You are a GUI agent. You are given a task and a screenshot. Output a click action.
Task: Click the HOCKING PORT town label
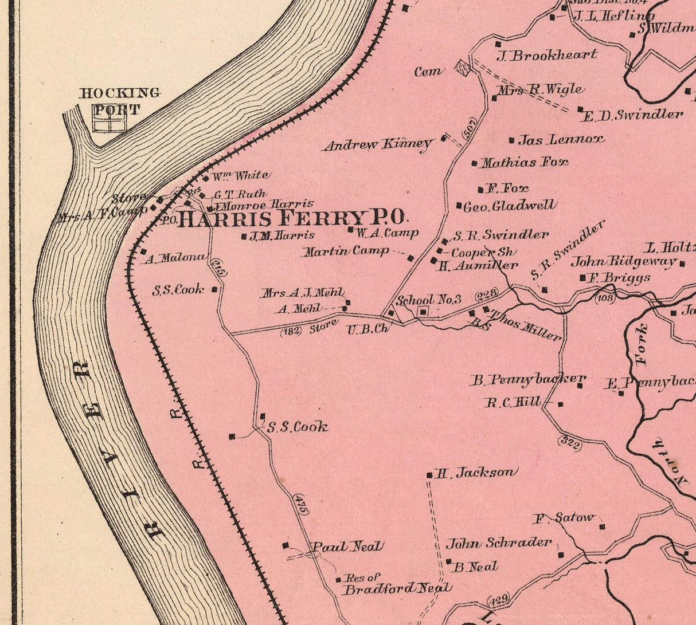tap(119, 101)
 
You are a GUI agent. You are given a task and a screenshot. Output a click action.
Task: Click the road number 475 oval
tap(300, 504)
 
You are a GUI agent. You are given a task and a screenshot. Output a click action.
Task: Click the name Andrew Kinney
tap(377, 144)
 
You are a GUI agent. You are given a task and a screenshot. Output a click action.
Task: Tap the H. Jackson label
tap(475, 473)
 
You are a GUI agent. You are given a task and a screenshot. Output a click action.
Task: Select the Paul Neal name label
tap(346, 547)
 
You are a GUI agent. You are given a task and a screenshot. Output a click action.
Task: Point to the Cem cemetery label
tap(429, 72)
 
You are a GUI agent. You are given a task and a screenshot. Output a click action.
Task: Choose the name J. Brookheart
tap(547, 56)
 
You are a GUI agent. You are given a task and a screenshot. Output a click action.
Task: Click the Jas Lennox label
tap(561, 139)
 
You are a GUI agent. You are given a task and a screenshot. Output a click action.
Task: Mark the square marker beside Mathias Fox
tap(474, 163)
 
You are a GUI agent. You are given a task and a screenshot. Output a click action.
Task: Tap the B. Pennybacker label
tap(528, 379)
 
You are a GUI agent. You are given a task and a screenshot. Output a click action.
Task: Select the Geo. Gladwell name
tap(509, 206)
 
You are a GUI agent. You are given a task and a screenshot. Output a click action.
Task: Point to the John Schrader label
tap(499, 543)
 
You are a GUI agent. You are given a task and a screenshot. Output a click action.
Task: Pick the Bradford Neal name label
tap(397, 588)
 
